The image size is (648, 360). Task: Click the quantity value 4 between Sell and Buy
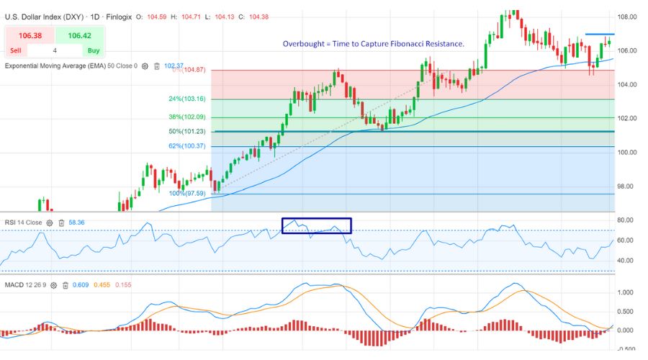pyautogui.click(x=55, y=51)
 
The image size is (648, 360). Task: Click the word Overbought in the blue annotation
pyautogui.click(x=302, y=44)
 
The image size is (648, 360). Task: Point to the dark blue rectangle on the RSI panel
pyautogui.click(x=316, y=225)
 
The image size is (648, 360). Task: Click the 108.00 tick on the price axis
pyautogui.click(x=626, y=17)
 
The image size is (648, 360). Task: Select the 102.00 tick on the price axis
pyautogui.click(x=626, y=118)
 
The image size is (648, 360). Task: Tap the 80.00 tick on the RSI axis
pyautogui.click(x=626, y=220)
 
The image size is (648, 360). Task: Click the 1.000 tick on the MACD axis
pyautogui.click(x=626, y=292)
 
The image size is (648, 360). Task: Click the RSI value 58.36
pyautogui.click(x=76, y=223)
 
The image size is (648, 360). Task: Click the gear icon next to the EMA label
pyautogui.click(x=145, y=66)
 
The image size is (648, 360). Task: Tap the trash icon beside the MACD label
pyautogui.click(x=65, y=285)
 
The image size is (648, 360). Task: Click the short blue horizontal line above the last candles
pyautogui.click(x=599, y=34)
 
